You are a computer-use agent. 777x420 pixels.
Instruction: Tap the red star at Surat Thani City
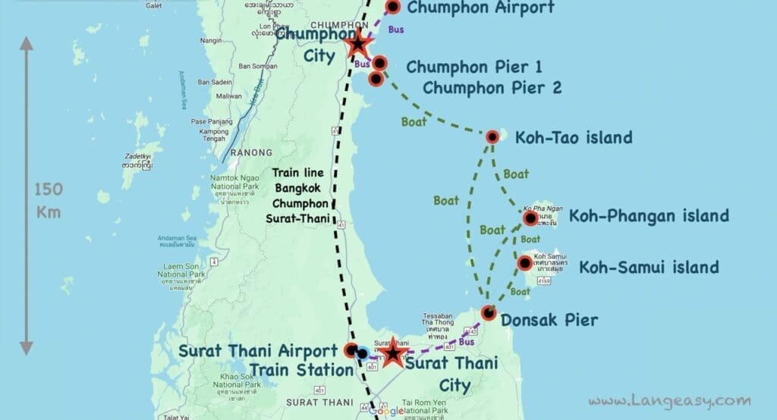pyautogui.click(x=392, y=353)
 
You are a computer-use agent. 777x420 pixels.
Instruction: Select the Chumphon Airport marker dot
pyautogui.click(x=393, y=8)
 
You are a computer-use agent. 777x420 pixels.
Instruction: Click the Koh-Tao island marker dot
pyautogui.click(x=492, y=137)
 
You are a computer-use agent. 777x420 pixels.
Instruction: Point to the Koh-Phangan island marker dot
pyautogui.click(x=530, y=219)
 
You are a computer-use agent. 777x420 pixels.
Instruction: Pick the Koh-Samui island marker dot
pyautogui.click(x=524, y=263)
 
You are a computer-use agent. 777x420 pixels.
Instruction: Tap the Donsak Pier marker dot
pyautogui.click(x=489, y=313)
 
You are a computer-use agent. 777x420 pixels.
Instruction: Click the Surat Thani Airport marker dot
pyautogui.click(x=351, y=351)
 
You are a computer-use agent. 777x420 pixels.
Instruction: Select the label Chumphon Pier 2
pyautogui.click(x=492, y=88)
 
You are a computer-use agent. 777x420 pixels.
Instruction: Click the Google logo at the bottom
pyautogui.click(x=386, y=411)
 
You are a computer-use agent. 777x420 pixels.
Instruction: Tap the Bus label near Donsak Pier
pyautogui.click(x=467, y=342)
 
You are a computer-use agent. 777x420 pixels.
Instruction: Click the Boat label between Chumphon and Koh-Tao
pyautogui.click(x=415, y=121)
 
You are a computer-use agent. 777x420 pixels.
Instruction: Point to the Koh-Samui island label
pyautogui.click(x=649, y=268)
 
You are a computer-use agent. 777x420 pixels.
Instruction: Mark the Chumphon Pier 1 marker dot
pyautogui.click(x=380, y=64)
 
